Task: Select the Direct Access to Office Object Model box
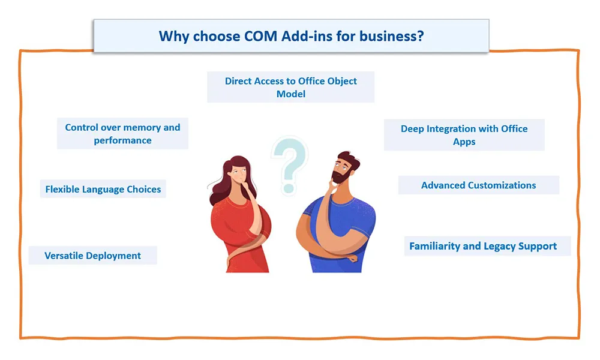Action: click(x=291, y=87)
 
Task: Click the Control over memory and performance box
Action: click(x=122, y=134)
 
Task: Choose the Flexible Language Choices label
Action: click(x=103, y=189)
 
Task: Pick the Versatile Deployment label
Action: click(x=92, y=256)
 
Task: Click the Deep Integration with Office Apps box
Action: click(x=464, y=134)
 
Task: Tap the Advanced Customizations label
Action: click(x=479, y=185)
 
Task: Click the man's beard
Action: click(x=341, y=176)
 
